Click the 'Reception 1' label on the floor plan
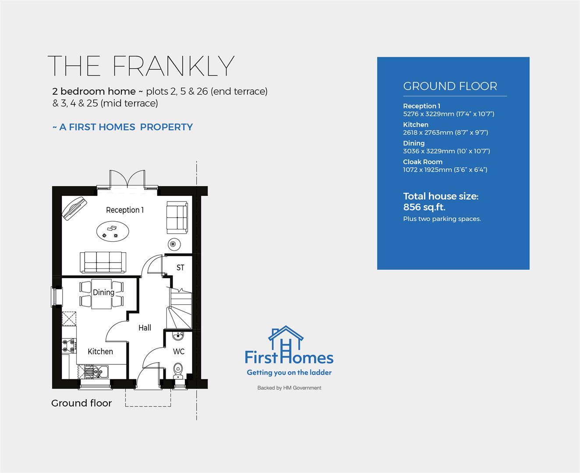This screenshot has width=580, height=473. click(124, 210)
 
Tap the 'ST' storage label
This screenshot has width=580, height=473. click(180, 268)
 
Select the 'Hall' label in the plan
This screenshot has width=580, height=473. click(145, 328)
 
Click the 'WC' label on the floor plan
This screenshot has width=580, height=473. click(179, 351)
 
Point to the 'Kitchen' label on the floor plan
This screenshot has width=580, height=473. click(100, 351)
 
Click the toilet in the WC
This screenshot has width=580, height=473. click(178, 369)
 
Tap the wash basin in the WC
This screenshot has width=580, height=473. click(178, 336)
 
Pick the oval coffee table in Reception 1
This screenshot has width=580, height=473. click(112, 230)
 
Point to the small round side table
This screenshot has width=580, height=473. click(173, 244)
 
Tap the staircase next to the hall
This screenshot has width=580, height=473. click(180, 309)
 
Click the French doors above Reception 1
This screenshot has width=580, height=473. click(127, 179)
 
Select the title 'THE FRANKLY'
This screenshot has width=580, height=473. click(141, 66)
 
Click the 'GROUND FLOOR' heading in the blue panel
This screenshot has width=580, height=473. click(450, 86)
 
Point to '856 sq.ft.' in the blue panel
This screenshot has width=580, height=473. click(424, 207)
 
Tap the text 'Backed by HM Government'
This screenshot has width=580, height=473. click(289, 388)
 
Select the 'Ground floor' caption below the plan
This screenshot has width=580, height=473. click(81, 403)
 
